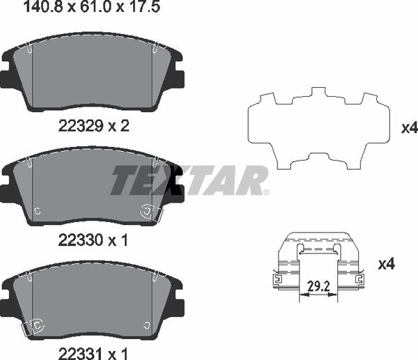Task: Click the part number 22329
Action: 75,125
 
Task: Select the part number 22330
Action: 75,240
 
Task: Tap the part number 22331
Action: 75,352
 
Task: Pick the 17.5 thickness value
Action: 121,8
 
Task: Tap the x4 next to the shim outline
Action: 410,127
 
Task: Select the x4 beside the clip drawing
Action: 387,264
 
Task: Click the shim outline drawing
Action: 318,129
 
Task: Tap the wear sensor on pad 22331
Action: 34,326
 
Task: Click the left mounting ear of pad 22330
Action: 8,190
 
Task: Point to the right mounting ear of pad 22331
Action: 177,304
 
